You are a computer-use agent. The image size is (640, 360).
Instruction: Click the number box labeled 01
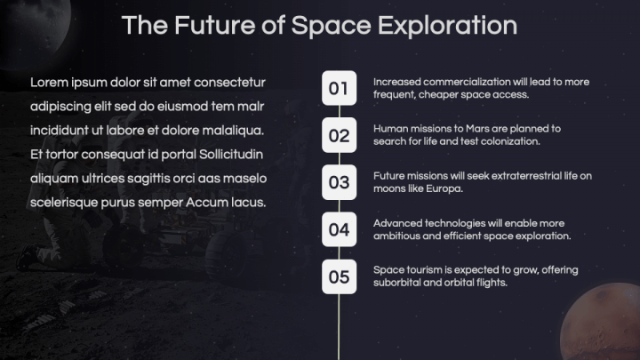coord(339,88)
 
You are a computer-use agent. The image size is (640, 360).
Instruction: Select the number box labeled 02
coord(339,135)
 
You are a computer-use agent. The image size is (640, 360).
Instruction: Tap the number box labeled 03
coord(339,182)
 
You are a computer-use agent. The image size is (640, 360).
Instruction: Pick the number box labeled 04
coord(339,229)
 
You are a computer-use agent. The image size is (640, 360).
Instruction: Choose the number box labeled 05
coord(339,276)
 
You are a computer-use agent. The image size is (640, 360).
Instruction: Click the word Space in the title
coord(332,25)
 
